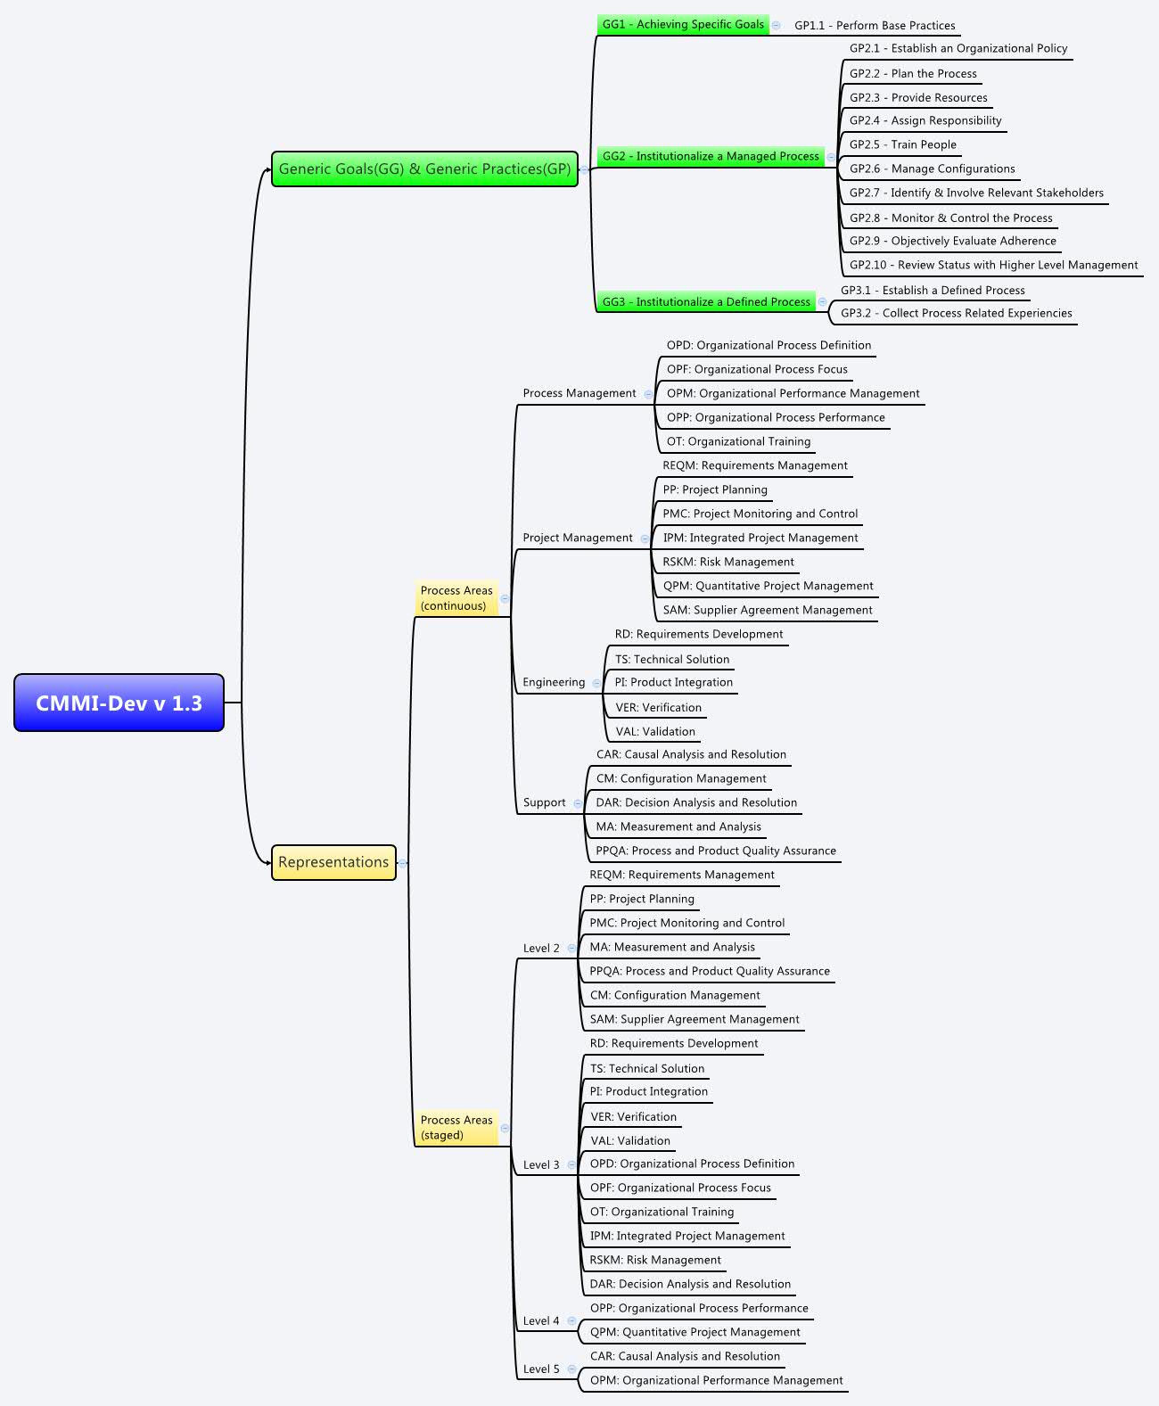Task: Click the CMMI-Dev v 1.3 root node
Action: click(119, 703)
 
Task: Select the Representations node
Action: click(333, 862)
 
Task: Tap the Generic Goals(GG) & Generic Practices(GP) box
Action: click(424, 169)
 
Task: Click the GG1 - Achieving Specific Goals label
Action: click(683, 24)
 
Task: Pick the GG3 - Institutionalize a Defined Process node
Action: click(706, 302)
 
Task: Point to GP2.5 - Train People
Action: click(902, 144)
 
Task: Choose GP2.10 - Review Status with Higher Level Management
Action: click(993, 265)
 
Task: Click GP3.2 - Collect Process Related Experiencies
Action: click(956, 313)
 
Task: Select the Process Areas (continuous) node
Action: click(456, 598)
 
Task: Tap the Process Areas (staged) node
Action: click(456, 1128)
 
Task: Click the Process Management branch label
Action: click(579, 393)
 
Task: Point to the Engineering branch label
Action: click(554, 682)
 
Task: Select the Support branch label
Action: click(544, 802)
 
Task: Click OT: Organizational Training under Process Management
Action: click(738, 441)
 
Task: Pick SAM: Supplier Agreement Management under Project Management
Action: click(768, 610)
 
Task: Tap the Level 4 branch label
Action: click(541, 1321)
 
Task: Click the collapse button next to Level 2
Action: click(571, 948)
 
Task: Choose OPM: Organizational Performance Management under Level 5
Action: click(716, 1380)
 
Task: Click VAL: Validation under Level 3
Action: click(630, 1140)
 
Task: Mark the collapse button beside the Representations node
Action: click(403, 863)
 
